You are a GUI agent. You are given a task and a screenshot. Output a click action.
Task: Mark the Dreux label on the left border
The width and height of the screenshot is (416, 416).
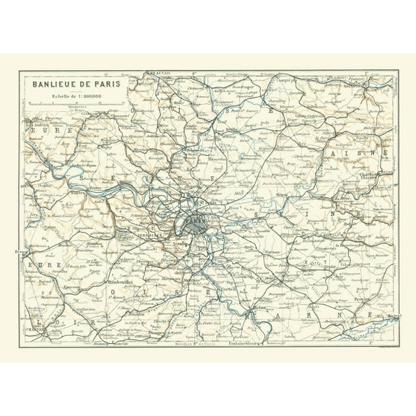(17, 252)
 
